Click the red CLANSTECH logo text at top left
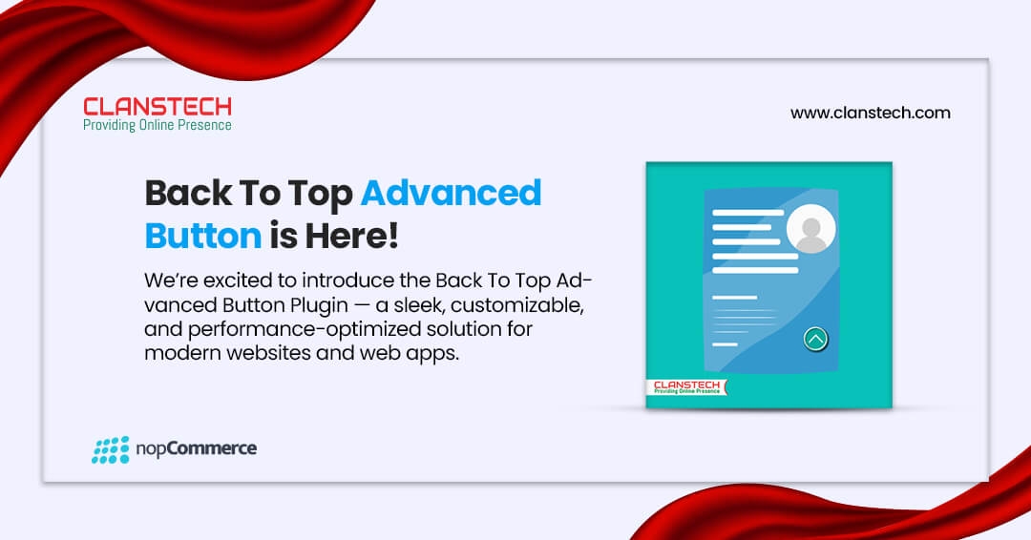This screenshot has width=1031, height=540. click(x=158, y=107)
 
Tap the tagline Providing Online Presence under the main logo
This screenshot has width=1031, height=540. click(x=158, y=125)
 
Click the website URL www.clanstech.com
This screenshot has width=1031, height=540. click(x=870, y=113)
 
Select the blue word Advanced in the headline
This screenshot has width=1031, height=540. click(x=451, y=193)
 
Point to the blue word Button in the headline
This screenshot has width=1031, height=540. click(x=203, y=236)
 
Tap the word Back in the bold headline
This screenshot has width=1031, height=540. click(x=188, y=193)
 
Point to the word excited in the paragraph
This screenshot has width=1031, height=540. click(x=239, y=281)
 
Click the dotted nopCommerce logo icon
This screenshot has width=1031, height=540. click(x=111, y=450)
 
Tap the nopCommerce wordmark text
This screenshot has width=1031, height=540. click(x=196, y=449)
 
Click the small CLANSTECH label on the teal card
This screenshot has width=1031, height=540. click(x=686, y=387)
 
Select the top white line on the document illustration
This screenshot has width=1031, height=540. click(x=747, y=213)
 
